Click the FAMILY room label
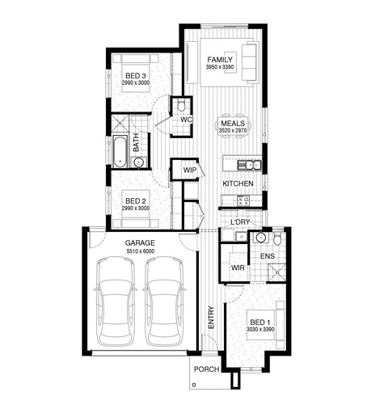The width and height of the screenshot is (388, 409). pyautogui.click(x=220, y=60)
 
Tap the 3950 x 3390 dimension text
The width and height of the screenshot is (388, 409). pyautogui.click(x=220, y=67)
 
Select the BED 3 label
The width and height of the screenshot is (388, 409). pyautogui.click(x=136, y=76)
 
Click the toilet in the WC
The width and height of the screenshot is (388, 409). pyautogui.click(x=181, y=104)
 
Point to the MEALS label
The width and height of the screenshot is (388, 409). pyautogui.click(x=233, y=124)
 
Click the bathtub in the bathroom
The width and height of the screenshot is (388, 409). pyautogui.click(x=120, y=151)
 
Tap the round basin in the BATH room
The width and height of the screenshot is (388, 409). pyautogui.click(x=139, y=162)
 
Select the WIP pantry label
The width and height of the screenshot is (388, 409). pyautogui.click(x=190, y=170)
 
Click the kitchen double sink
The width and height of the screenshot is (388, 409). pyautogui.click(x=249, y=165)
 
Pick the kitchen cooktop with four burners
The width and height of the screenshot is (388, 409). pyautogui.click(x=243, y=200)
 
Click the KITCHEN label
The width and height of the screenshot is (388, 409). pyautogui.click(x=238, y=183)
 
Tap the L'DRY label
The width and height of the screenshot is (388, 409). pyautogui.click(x=240, y=222)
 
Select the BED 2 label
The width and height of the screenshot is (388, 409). pyautogui.click(x=136, y=201)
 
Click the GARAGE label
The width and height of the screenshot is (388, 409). pyautogui.click(x=140, y=243)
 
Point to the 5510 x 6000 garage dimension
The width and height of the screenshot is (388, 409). pyautogui.click(x=141, y=251)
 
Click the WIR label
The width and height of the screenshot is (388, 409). pyautogui.click(x=238, y=268)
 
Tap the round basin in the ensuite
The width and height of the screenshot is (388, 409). pyautogui.click(x=261, y=238)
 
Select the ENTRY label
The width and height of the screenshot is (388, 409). pyautogui.click(x=211, y=318)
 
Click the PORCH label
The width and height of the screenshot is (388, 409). pyautogui.click(x=207, y=369)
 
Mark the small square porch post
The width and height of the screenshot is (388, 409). pyautogui.click(x=193, y=385)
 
